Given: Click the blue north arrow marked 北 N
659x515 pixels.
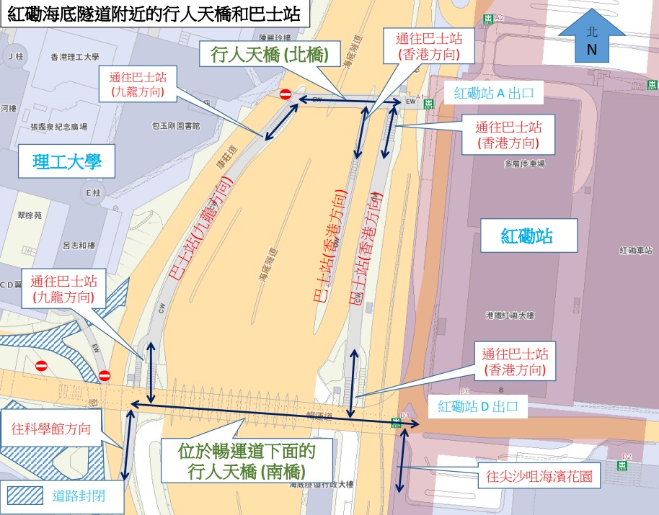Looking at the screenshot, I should (592, 37).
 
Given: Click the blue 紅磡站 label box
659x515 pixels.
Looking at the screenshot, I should (527, 236).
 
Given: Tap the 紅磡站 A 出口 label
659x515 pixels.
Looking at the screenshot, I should (492, 93).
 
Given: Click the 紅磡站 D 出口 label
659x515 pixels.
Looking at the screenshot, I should (479, 406).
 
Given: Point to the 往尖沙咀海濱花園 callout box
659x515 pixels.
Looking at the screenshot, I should (539, 476).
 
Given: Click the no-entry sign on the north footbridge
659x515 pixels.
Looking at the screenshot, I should (286, 94).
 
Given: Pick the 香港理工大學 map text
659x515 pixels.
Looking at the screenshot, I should (75, 56).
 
